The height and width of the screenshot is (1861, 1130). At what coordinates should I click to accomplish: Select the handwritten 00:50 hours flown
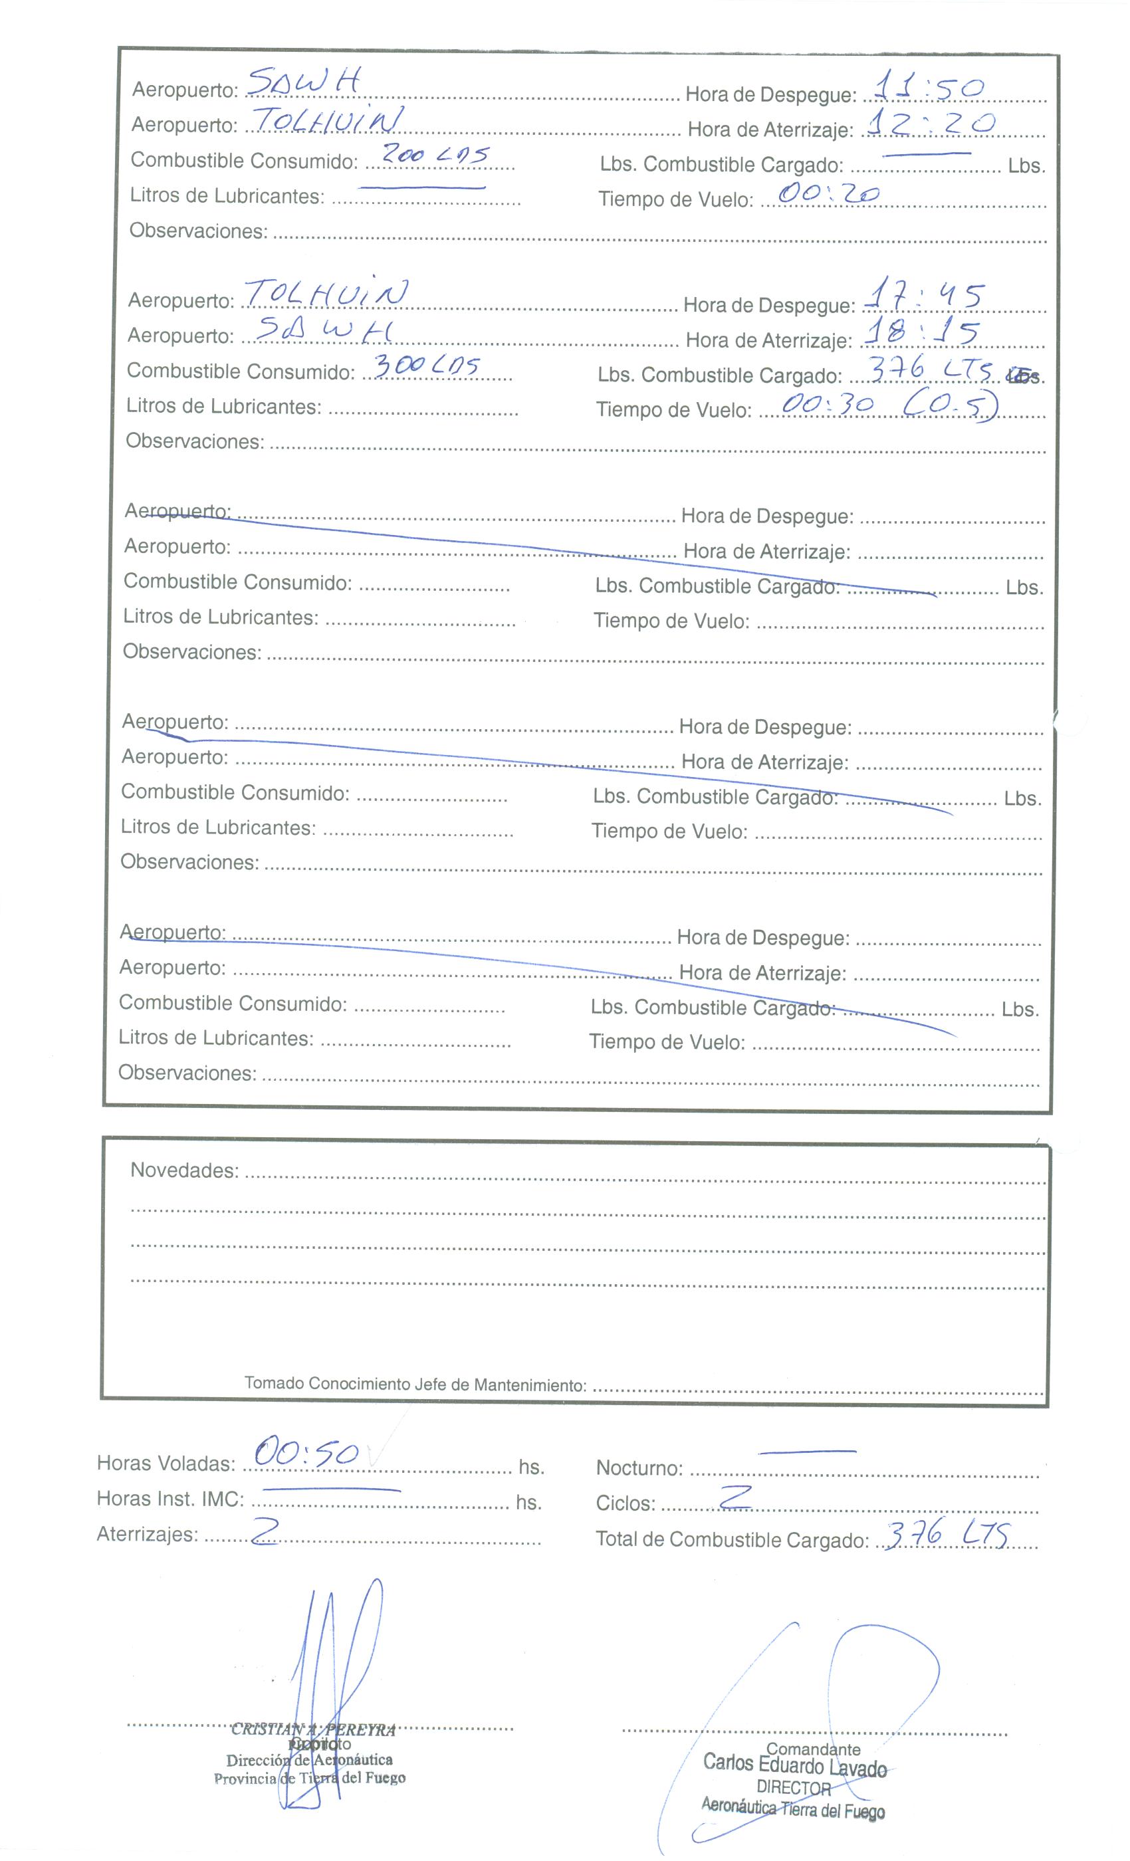[306, 1452]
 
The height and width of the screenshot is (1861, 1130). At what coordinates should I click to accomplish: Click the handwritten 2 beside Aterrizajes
[265, 1533]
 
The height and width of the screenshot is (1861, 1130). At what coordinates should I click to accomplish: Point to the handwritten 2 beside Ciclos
[735, 1496]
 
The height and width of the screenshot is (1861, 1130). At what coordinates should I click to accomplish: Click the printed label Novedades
[184, 1170]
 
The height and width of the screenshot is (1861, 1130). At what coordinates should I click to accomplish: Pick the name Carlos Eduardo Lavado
[794, 1766]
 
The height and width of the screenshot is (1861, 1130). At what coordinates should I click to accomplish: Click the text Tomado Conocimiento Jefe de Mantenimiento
[415, 1384]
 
